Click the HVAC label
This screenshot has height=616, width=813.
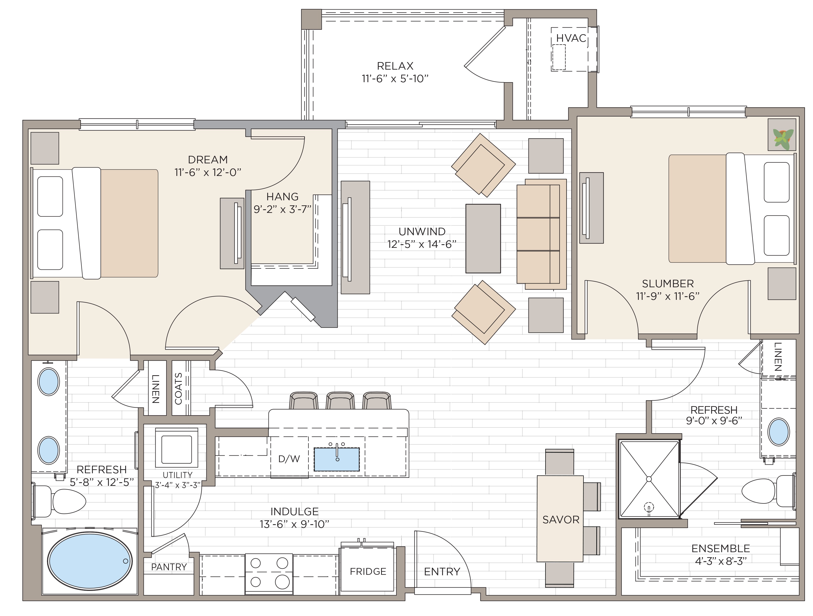[x=571, y=38]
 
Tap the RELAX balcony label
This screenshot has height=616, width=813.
[x=395, y=66]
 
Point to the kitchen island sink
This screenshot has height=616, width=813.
[x=336, y=459]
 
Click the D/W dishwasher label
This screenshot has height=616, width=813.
[x=289, y=459]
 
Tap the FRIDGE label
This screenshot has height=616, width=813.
[x=368, y=572]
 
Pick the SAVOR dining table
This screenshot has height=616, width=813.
[x=560, y=518]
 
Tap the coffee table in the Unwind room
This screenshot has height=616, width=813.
[x=483, y=239]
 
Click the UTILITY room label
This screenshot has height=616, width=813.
[x=177, y=475]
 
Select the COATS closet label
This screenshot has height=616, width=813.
[x=178, y=389]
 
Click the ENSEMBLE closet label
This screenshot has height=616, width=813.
[x=720, y=548]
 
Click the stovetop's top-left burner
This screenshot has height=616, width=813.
[x=255, y=563]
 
